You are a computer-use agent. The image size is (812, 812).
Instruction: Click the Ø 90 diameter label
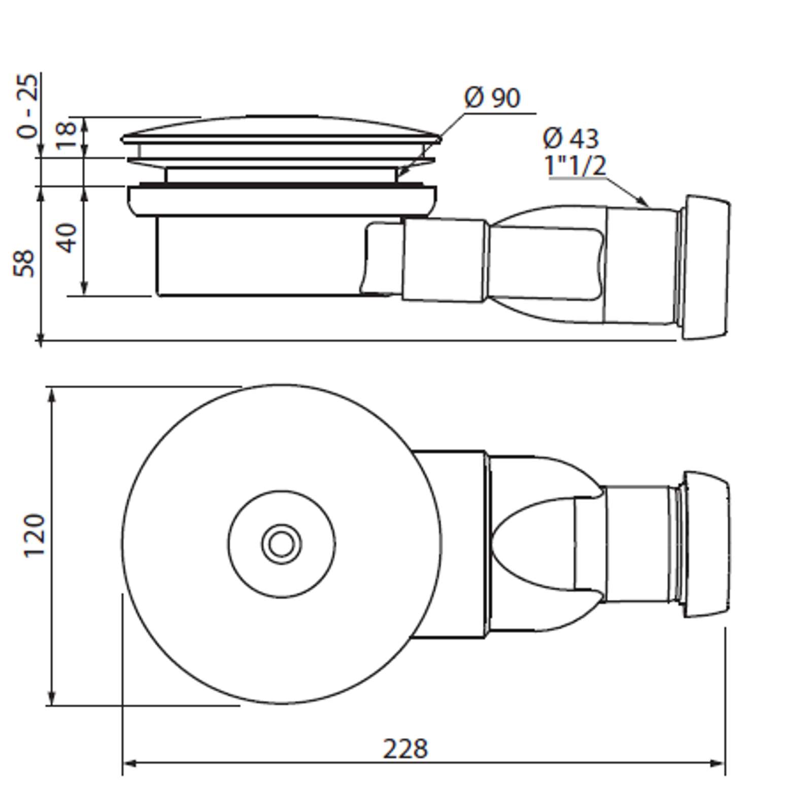point(492,97)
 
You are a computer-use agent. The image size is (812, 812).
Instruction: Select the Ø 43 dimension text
point(571,138)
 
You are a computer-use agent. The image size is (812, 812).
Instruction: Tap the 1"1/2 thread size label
point(576,165)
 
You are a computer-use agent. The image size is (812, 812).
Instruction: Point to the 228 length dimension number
point(405,749)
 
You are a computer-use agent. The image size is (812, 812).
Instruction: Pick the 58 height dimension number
point(24,263)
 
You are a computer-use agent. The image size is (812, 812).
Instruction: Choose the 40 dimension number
point(66,238)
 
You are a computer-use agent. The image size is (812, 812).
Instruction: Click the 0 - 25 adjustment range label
point(27,106)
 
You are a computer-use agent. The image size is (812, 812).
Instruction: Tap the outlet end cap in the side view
point(706,267)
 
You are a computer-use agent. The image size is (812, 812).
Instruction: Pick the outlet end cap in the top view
point(707,544)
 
